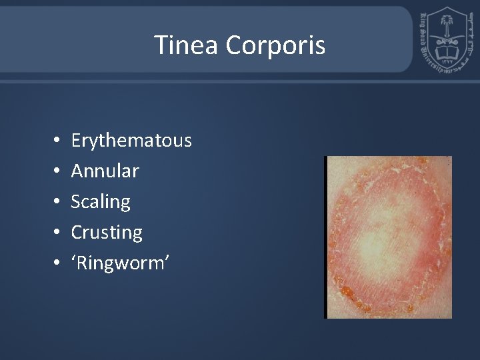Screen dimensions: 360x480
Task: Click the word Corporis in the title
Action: click(x=275, y=46)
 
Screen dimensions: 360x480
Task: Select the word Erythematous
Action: click(x=131, y=141)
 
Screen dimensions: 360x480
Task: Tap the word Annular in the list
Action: click(x=105, y=171)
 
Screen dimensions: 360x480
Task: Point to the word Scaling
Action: click(x=101, y=202)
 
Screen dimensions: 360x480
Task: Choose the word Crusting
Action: click(x=107, y=233)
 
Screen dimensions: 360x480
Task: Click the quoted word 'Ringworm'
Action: click(x=120, y=263)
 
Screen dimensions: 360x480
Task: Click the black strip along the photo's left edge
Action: click(x=326, y=237)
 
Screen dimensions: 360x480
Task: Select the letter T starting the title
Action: click(x=161, y=45)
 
